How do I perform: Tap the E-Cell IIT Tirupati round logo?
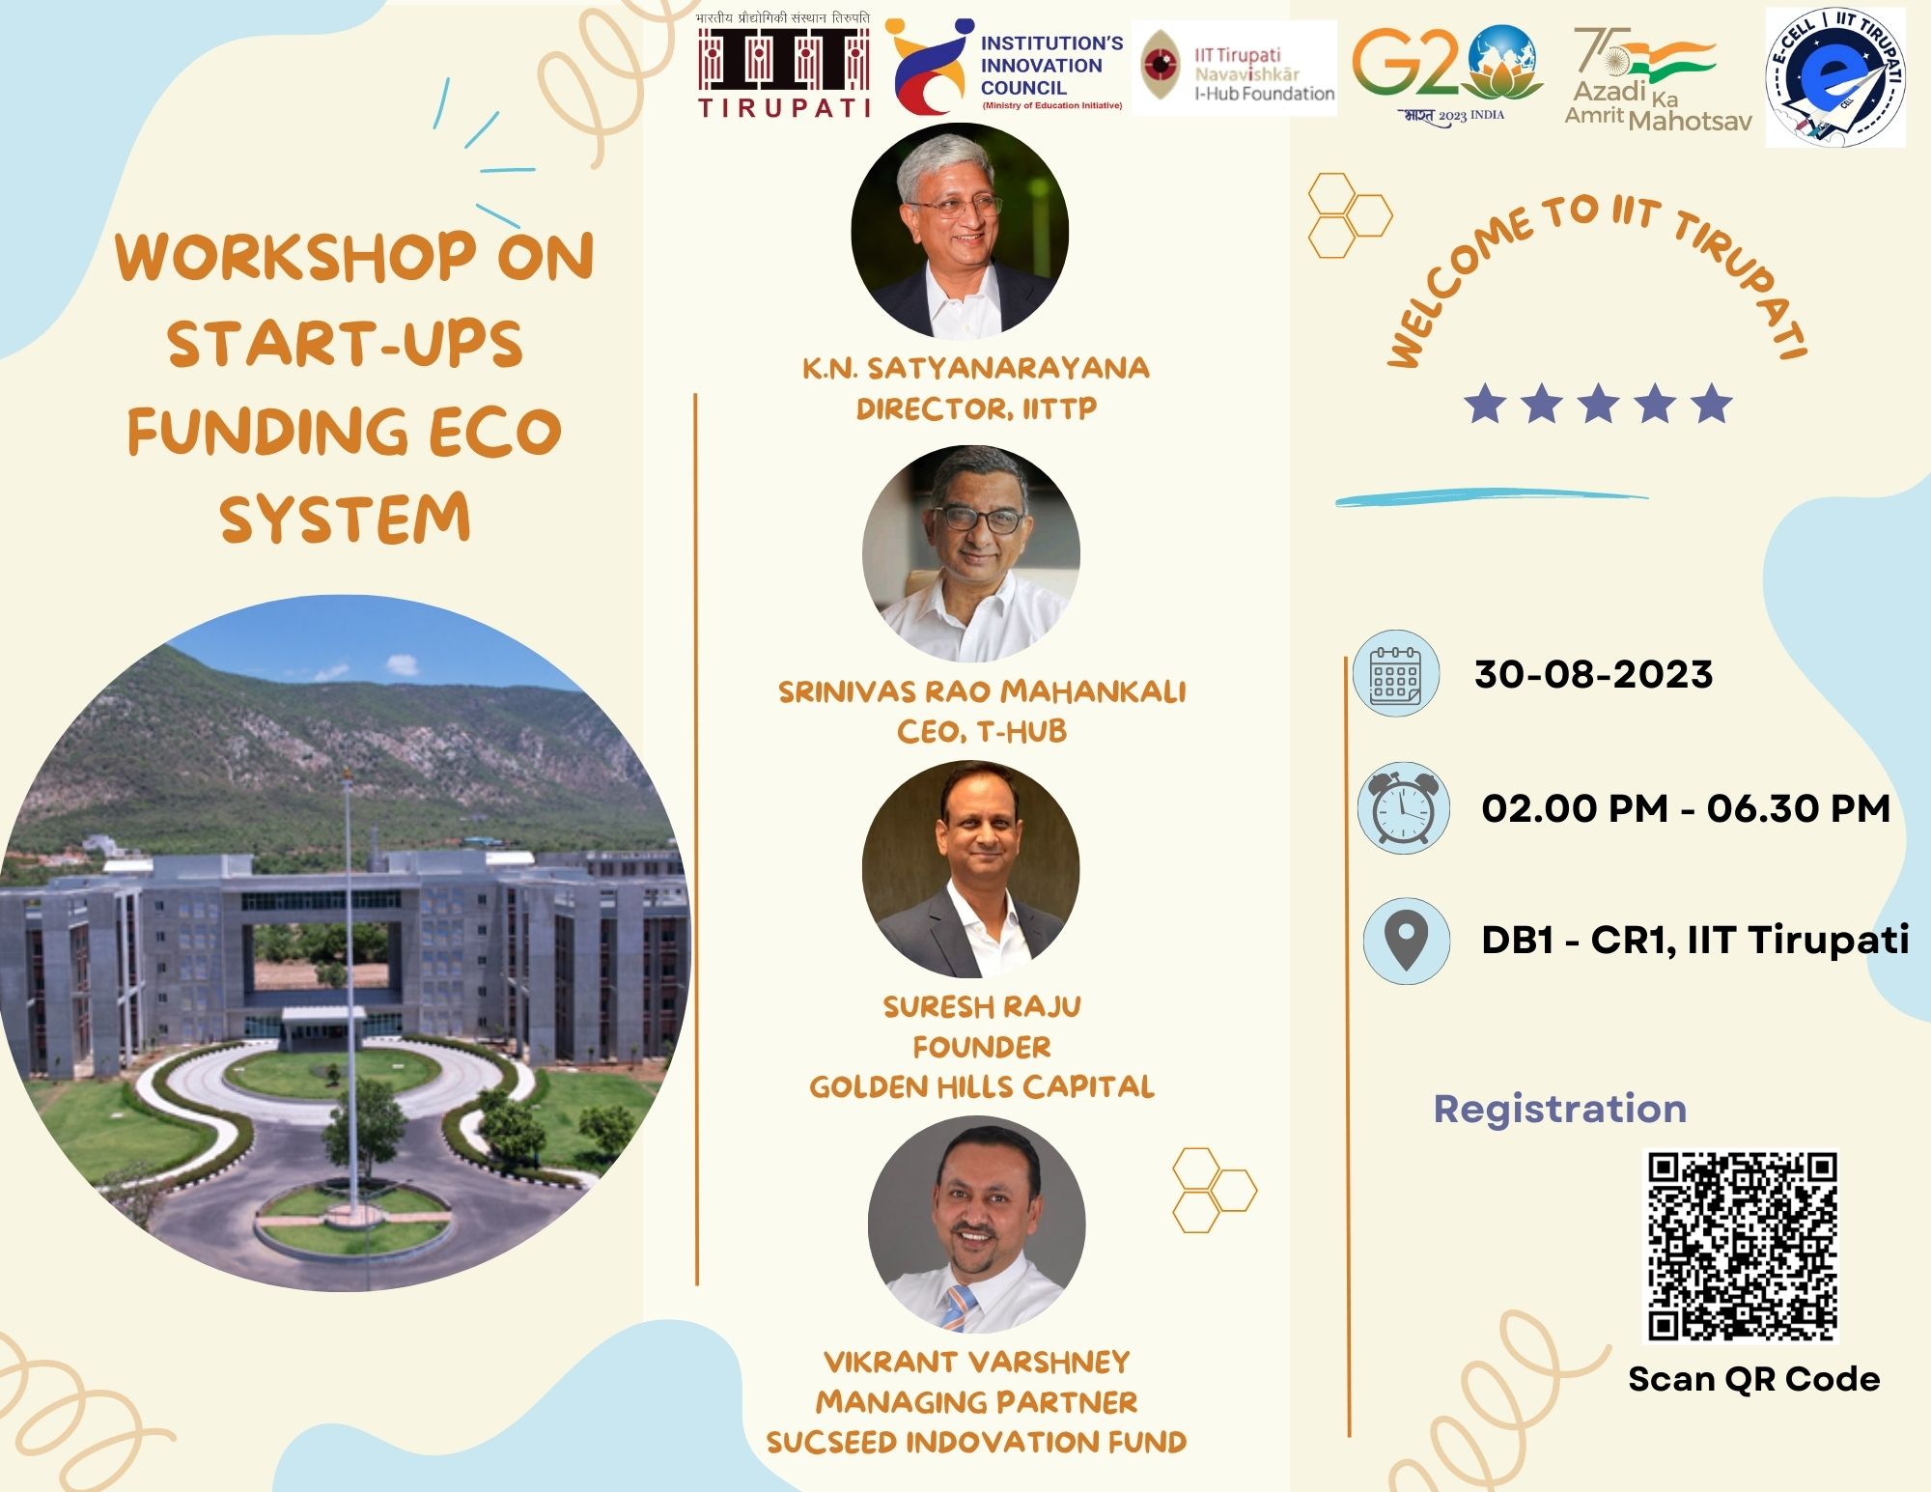click(x=1835, y=78)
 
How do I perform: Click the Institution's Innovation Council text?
click(x=1051, y=65)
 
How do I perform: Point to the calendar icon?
click(x=1395, y=673)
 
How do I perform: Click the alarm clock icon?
click(x=1404, y=807)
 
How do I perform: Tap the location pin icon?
click(x=1406, y=941)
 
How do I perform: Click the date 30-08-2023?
click(x=1593, y=674)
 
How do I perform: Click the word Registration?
click(x=1559, y=1110)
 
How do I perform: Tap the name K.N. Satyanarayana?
click(x=975, y=368)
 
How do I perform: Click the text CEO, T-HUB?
click(x=982, y=731)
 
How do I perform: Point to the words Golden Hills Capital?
click(x=982, y=1087)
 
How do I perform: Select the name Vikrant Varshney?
click(x=976, y=1362)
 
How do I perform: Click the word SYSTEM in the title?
click(x=345, y=519)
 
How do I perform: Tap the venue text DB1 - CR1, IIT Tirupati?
click(x=1694, y=940)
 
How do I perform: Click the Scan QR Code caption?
click(x=1753, y=1379)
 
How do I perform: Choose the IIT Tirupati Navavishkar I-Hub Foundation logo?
click(x=1234, y=69)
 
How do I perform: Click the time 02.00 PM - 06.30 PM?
click(x=1686, y=808)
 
